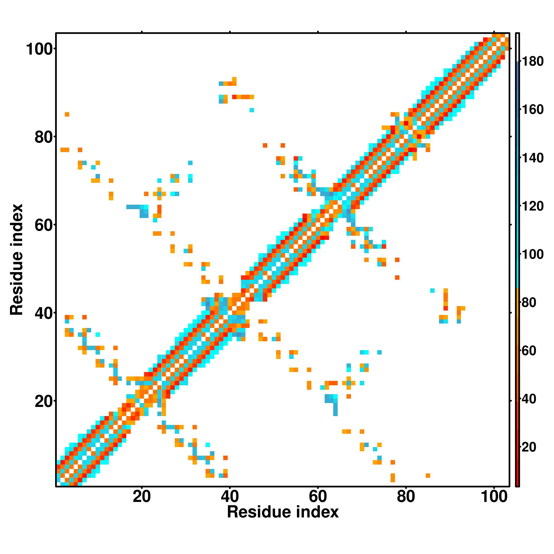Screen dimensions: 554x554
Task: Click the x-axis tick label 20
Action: click(x=142, y=496)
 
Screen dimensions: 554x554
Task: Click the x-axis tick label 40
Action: click(x=230, y=496)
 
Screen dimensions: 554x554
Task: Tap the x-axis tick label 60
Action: click(x=318, y=496)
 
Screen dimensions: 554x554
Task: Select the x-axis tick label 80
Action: click(x=406, y=496)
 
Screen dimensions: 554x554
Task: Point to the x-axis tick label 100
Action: click(x=494, y=496)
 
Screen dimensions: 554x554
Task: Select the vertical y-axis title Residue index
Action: click(x=17, y=260)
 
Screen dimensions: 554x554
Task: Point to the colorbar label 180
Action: click(x=532, y=61)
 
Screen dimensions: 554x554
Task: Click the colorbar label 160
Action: click(x=532, y=109)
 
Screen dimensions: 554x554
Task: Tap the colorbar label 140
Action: click(x=532, y=158)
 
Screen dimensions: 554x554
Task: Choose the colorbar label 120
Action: click(x=532, y=206)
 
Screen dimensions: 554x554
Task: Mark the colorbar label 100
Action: click(x=532, y=254)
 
